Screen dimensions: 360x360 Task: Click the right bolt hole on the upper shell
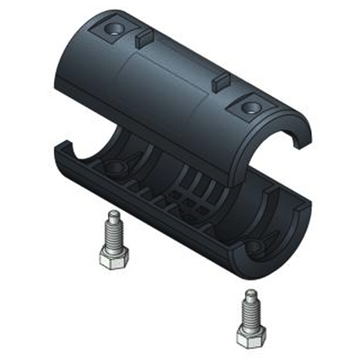point(249,107)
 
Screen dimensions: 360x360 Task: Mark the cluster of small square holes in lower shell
point(190,201)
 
